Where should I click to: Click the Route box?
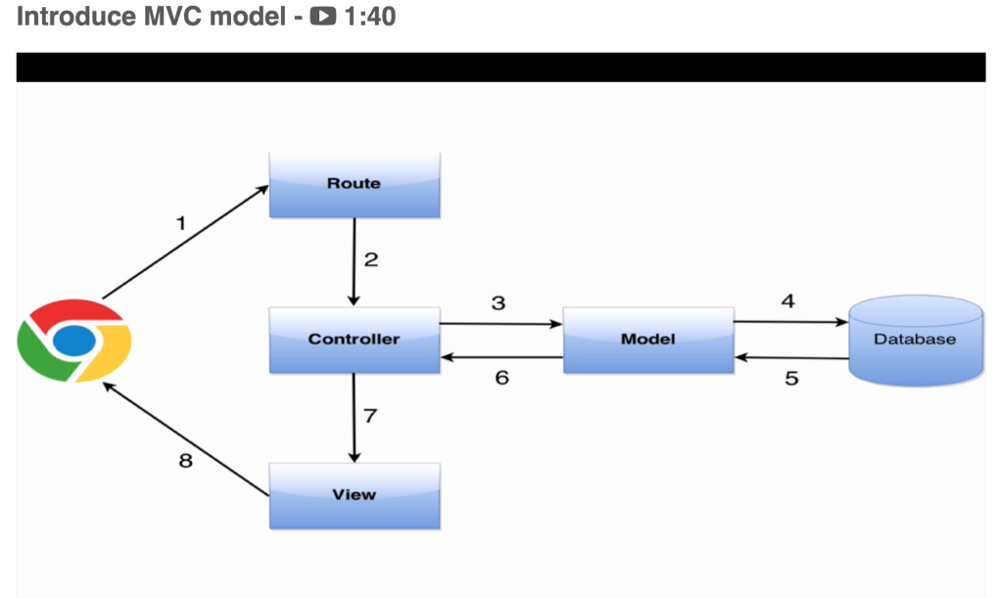click(x=355, y=184)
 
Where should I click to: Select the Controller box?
click(x=355, y=339)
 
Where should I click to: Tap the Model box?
click(x=647, y=339)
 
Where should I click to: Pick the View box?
click(x=355, y=494)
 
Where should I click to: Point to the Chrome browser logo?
click(x=74, y=341)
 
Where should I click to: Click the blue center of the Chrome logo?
click(x=74, y=341)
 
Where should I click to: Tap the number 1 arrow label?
click(x=180, y=223)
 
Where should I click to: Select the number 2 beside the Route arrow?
click(x=371, y=260)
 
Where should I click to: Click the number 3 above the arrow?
click(x=499, y=303)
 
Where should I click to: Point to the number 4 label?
click(x=787, y=300)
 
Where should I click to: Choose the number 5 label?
click(x=791, y=378)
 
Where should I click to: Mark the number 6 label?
click(x=501, y=377)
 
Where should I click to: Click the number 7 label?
click(x=370, y=416)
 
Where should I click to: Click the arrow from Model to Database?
click(x=790, y=321)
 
